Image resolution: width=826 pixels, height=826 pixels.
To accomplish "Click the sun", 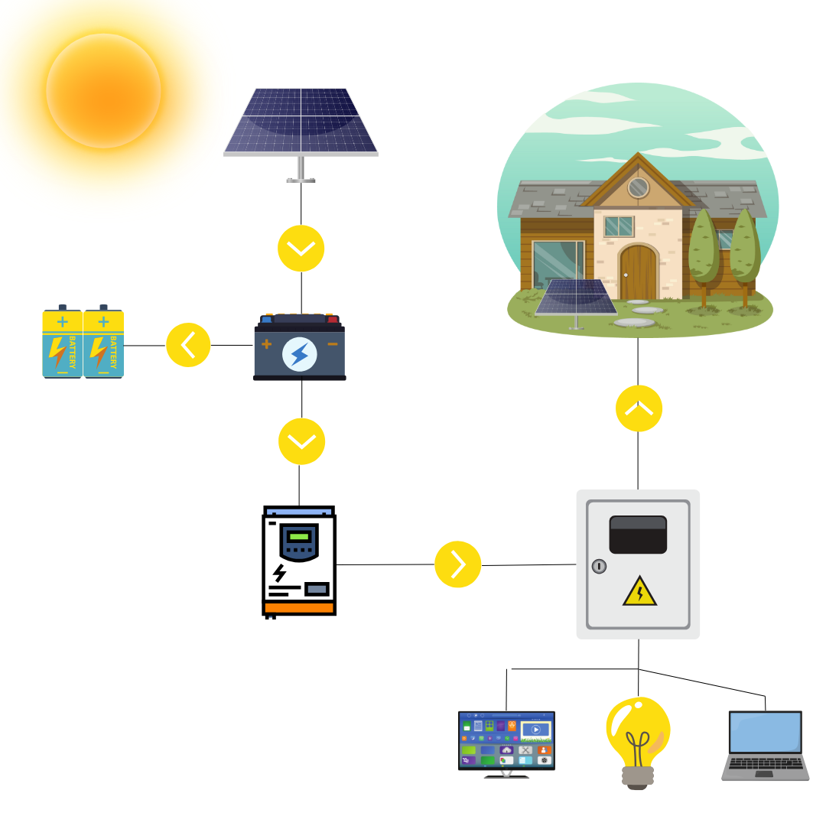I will click(x=103, y=90).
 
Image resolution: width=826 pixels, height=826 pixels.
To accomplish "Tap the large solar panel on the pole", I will click(x=301, y=121).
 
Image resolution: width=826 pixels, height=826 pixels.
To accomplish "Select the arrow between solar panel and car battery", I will click(x=301, y=249).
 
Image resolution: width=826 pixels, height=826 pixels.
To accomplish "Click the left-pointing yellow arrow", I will click(x=188, y=345).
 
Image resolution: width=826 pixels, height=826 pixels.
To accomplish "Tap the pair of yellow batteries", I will click(x=83, y=343).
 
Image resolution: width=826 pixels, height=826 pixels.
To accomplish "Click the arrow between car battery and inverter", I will click(x=301, y=441).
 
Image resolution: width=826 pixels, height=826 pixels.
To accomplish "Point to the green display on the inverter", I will click(x=298, y=537).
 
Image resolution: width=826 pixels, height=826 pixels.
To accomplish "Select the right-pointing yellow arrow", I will click(x=457, y=564).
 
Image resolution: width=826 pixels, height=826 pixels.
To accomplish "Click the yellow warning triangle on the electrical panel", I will click(x=639, y=592).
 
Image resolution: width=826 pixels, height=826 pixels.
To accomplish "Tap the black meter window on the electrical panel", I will click(x=638, y=535).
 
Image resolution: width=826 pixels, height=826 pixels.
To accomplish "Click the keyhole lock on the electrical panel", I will click(x=599, y=567).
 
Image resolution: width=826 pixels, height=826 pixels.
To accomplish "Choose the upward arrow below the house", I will click(x=639, y=408).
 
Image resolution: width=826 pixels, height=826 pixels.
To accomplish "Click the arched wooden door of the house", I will click(x=638, y=273).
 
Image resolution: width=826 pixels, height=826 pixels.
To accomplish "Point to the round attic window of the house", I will click(x=637, y=187).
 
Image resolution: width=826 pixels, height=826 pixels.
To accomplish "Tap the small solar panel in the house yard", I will click(x=576, y=298).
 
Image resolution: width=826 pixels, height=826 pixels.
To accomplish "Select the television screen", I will click(x=506, y=740).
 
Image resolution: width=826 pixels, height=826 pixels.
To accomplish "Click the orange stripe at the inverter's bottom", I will click(x=299, y=608).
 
